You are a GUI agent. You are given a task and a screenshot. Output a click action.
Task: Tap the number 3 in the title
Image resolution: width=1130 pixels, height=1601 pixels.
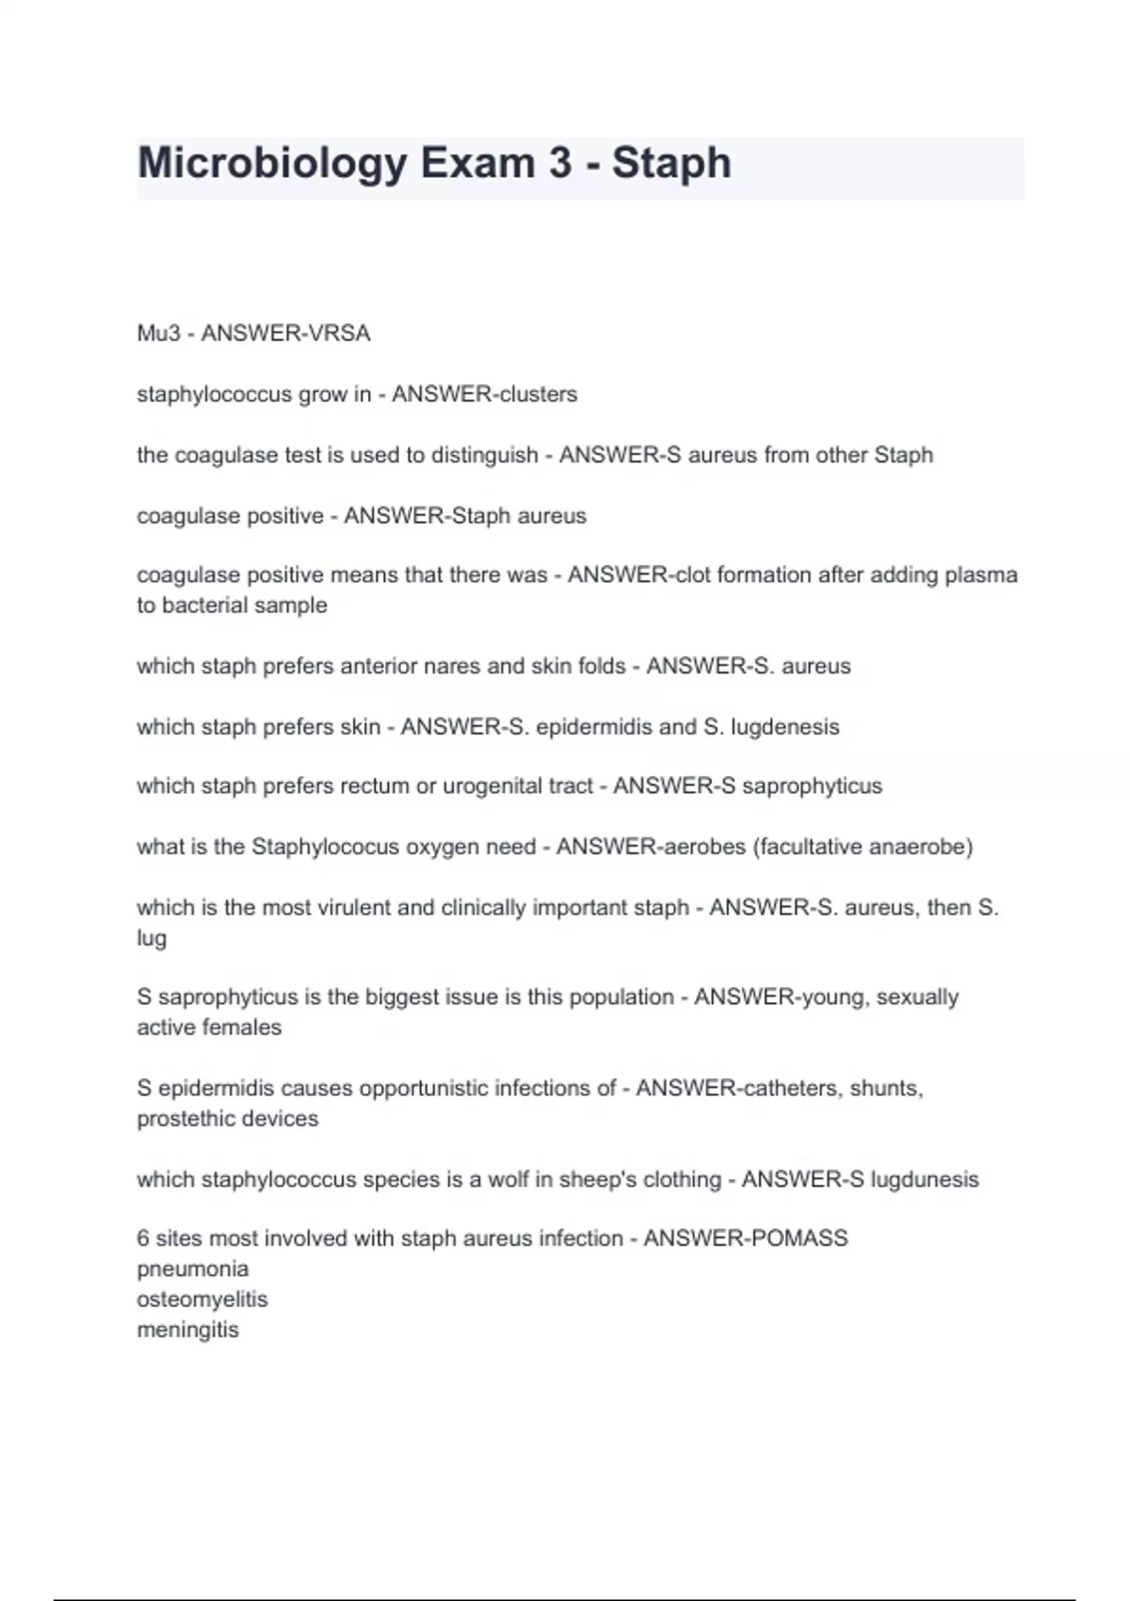click(560, 164)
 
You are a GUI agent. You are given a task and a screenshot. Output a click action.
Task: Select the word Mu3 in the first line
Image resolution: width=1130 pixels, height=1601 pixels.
click(157, 333)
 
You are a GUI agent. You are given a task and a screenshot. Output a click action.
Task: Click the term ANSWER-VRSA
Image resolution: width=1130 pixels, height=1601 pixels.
click(285, 333)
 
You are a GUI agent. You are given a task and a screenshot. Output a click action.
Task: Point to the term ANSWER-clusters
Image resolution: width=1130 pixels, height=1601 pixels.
click(484, 394)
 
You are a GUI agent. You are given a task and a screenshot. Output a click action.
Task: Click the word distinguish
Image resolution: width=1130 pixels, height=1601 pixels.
click(484, 455)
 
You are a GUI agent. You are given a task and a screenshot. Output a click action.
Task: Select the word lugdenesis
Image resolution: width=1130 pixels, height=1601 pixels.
click(784, 727)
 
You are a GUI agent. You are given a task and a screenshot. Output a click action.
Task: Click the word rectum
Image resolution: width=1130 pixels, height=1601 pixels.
click(375, 786)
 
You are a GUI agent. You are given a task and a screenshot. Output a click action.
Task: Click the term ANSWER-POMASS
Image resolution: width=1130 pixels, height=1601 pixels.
click(745, 1238)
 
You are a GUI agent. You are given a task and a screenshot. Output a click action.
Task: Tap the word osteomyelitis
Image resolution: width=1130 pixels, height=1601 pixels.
click(202, 1300)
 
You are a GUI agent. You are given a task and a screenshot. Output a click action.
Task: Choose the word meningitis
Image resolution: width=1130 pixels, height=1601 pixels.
click(187, 1330)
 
